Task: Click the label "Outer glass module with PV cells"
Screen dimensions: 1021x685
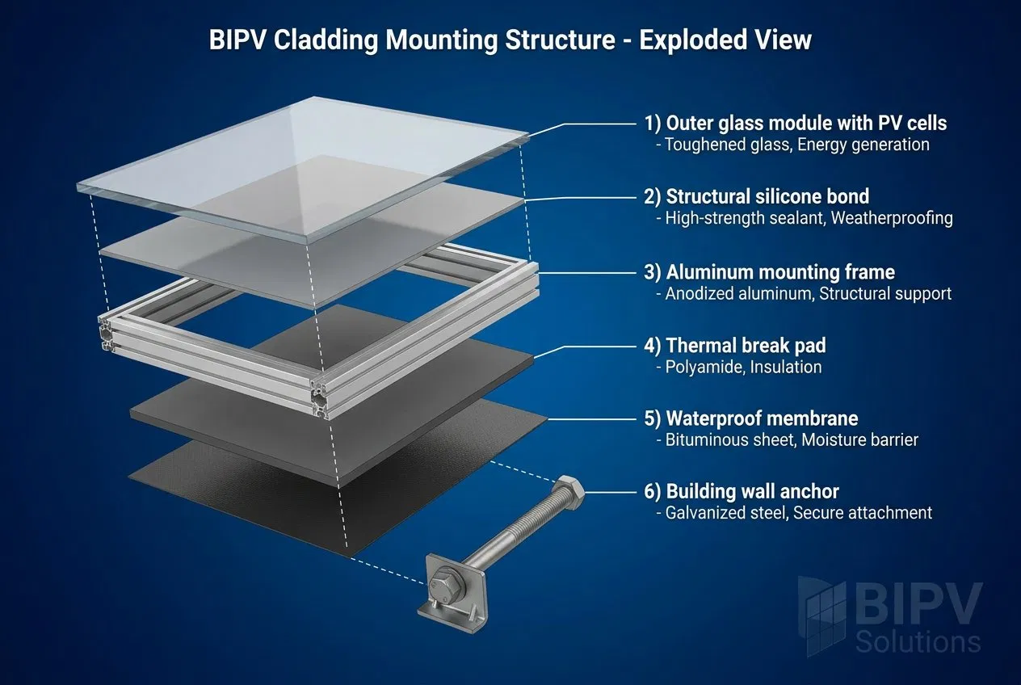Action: tap(806, 123)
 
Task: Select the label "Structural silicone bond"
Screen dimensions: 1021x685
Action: tap(767, 196)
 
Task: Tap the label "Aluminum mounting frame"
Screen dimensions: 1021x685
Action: tap(780, 272)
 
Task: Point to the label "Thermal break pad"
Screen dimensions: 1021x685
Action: tap(746, 346)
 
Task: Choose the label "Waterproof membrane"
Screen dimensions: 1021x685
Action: tap(762, 418)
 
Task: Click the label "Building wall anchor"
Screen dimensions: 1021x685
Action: tap(752, 491)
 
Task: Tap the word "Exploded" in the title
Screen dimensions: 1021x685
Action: tap(693, 40)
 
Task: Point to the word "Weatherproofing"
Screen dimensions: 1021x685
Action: tap(892, 218)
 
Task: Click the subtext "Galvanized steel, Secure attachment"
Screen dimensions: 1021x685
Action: tap(799, 513)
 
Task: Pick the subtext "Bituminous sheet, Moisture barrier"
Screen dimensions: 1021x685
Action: tap(792, 440)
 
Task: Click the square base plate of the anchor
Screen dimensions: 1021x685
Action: tap(452, 593)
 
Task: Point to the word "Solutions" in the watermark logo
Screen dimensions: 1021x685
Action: tap(918, 643)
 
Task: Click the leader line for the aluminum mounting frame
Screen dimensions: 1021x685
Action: tap(587, 273)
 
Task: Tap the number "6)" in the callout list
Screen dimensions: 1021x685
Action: tap(652, 492)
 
